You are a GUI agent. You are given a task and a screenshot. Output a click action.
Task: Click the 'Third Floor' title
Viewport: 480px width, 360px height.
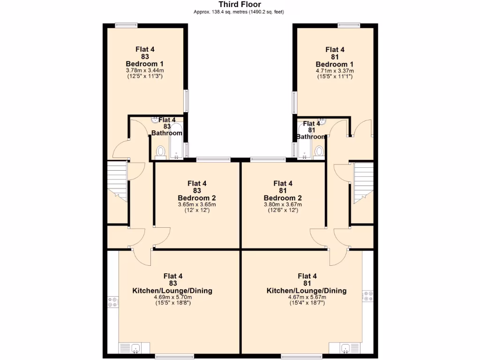pyautogui.click(x=240, y=5)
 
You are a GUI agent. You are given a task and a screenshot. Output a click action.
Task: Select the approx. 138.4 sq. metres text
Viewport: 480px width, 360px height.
pyautogui.click(x=240, y=12)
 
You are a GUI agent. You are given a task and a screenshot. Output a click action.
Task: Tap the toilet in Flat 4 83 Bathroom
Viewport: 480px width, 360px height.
pyautogui.click(x=161, y=151)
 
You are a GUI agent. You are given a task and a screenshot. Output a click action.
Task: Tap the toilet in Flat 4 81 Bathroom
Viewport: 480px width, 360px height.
pyautogui.click(x=319, y=151)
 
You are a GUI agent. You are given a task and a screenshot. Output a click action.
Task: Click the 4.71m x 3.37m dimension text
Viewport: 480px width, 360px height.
pyautogui.click(x=335, y=71)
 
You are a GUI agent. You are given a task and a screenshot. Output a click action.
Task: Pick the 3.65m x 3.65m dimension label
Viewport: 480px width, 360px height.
pyautogui.click(x=197, y=204)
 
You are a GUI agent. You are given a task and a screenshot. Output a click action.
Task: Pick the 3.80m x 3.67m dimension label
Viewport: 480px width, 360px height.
pyautogui.click(x=283, y=204)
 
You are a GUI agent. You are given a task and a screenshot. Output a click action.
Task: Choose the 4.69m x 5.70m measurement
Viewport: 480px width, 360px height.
pyautogui.click(x=172, y=297)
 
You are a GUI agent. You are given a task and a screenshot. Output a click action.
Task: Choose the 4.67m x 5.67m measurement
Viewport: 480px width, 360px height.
pyautogui.click(x=307, y=297)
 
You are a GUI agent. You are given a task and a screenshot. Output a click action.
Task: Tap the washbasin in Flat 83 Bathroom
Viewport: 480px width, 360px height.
pyautogui.click(x=155, y=120)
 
